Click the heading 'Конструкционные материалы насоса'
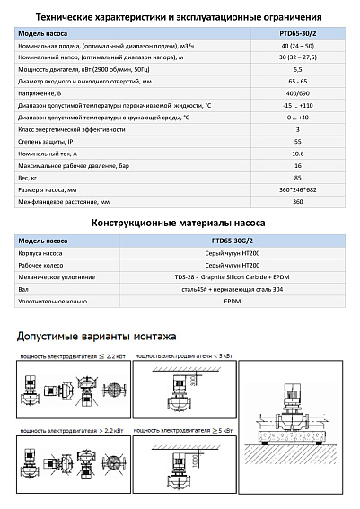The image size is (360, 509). pos(179,223)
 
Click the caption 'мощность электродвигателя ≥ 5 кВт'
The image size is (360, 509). pos(185,431)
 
